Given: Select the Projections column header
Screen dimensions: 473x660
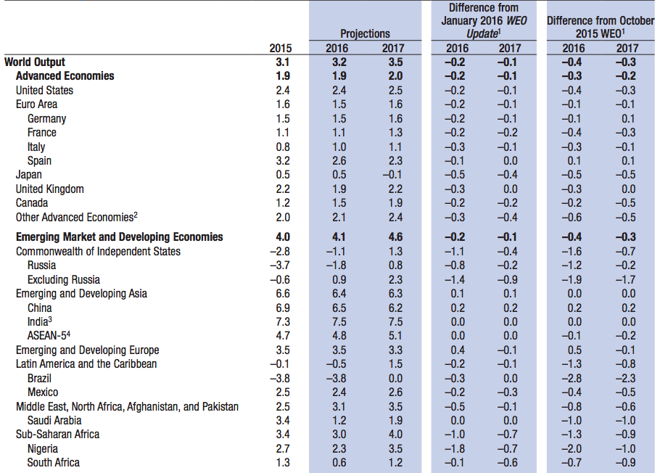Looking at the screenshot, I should point(365,34).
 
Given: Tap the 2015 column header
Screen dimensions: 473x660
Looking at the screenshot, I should point(280,49).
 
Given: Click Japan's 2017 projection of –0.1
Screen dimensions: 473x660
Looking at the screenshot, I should point(392,175).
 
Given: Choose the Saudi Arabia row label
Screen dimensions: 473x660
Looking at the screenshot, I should point(54,420).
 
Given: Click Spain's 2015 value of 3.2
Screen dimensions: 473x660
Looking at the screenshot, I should point(282,161).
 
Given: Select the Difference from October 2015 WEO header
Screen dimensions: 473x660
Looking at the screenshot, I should point(600,28).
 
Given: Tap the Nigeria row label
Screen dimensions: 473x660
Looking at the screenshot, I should point(43,448).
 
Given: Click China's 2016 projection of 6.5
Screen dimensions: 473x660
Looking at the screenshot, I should point(339,308).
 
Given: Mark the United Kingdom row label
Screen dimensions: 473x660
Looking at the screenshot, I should point(49,189).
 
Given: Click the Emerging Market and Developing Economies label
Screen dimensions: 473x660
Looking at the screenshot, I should point(119,237).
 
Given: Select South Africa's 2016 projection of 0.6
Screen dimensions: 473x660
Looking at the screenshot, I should point(339,463).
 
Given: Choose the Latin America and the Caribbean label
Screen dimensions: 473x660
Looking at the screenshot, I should point(86,363).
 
